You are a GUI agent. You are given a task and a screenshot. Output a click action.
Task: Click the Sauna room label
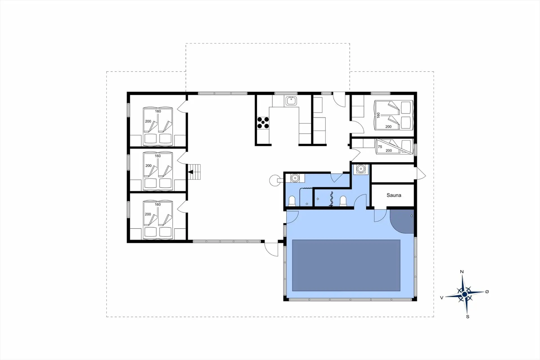[x=393, y=195]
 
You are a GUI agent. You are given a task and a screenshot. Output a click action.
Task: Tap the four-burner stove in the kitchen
[x=263, y=123]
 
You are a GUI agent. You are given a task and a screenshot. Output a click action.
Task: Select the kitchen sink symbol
[x=291, y=100]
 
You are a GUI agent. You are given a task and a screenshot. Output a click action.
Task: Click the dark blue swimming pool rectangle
[x=346, y=265]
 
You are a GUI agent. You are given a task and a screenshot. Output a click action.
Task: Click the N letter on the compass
[x=462, y=272]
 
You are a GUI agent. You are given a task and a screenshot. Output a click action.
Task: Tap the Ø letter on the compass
[x=487, y=292]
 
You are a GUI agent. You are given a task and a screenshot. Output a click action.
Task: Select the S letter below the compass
[x=468, y=317]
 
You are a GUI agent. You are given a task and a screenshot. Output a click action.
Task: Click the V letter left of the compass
[x=442, y=298]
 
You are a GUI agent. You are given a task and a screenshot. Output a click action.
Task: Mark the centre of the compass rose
[x=465, y=294]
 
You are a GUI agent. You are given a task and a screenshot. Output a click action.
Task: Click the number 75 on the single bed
[x=380, y=147]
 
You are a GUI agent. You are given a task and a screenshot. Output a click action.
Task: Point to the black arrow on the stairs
[x=191, y=172]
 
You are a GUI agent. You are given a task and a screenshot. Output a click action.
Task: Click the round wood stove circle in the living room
[x=274, y=180]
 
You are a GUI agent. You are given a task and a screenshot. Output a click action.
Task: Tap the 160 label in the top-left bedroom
[x=158, y=111]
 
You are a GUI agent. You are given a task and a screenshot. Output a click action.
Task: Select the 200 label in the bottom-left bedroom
[x=148, y=214]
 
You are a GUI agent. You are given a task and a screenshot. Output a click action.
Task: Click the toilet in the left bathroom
[x=292, y=201]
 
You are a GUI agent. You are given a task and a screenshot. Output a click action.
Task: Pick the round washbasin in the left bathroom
[x=295, y=178]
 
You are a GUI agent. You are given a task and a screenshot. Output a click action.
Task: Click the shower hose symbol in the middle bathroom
[x=332, y=199]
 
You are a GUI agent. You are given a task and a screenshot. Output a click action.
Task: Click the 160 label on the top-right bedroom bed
[x=378, y=115]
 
